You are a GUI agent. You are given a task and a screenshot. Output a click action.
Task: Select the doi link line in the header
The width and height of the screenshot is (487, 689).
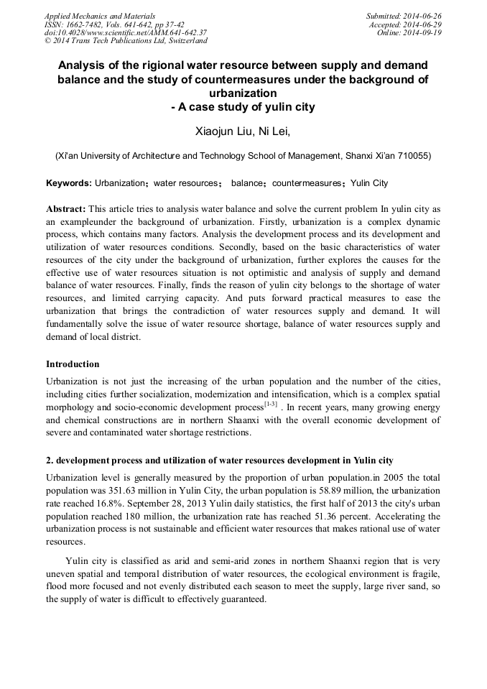pos(126,32)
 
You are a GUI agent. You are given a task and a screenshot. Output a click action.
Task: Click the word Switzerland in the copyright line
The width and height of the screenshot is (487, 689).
pos(182,41)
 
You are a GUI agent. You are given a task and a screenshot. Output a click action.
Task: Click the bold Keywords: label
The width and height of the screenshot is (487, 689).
pos(69,183)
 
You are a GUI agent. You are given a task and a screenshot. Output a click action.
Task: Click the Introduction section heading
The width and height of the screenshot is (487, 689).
pos(73,364)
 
